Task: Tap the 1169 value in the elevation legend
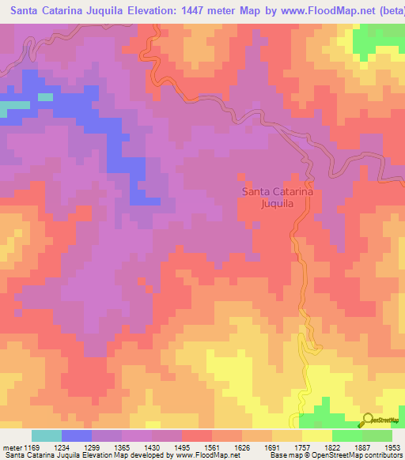click(30, 447)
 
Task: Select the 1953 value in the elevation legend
click(392, 447)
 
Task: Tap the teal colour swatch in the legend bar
click(46, 435)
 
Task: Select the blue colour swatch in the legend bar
click(76, 435)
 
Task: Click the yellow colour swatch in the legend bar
click(316, 435)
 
